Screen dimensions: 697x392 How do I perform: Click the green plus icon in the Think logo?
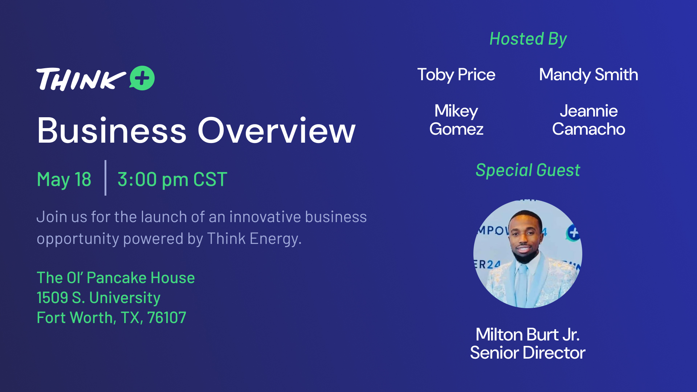coord(142,78)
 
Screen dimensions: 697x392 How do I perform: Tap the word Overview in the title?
coord(276,130)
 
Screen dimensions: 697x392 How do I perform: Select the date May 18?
coord(64,179)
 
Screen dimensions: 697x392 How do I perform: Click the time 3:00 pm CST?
coord(172,179)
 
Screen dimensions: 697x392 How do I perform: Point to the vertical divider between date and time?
coord(105,178)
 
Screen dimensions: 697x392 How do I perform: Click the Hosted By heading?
coord(528,39)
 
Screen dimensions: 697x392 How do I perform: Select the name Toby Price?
coord(456,75)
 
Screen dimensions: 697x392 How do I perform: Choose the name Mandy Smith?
coord(588,75)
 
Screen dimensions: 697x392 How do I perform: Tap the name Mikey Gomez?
coord(456,120)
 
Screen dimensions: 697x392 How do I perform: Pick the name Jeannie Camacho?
coord(588,120)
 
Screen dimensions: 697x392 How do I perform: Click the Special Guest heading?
coord(528,170)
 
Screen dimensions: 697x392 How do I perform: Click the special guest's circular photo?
coord(528,254)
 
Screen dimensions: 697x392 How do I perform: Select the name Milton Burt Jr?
coord(527,334)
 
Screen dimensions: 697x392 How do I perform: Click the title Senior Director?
coord(527,353)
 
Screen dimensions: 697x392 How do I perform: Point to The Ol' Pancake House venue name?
coord(116,278)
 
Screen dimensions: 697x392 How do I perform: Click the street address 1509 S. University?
coord(98,298)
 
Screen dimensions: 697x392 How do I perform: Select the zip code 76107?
coord(167,318)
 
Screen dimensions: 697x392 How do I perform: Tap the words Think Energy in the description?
coord(253,239)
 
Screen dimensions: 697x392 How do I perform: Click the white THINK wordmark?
coord(81,79)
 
